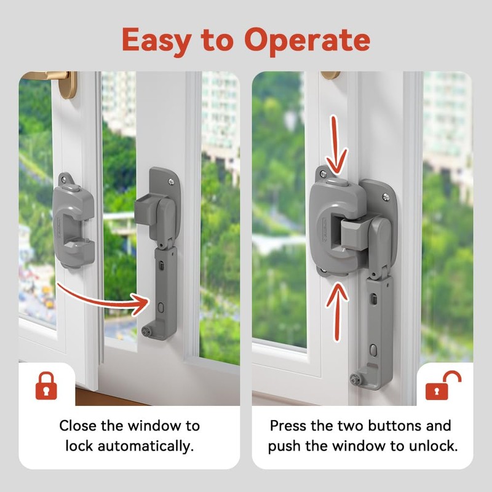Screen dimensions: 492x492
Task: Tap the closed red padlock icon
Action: coord(46,386)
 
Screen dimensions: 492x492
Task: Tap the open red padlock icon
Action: coord(443,386)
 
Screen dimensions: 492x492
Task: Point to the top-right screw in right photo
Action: coord(386,197)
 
